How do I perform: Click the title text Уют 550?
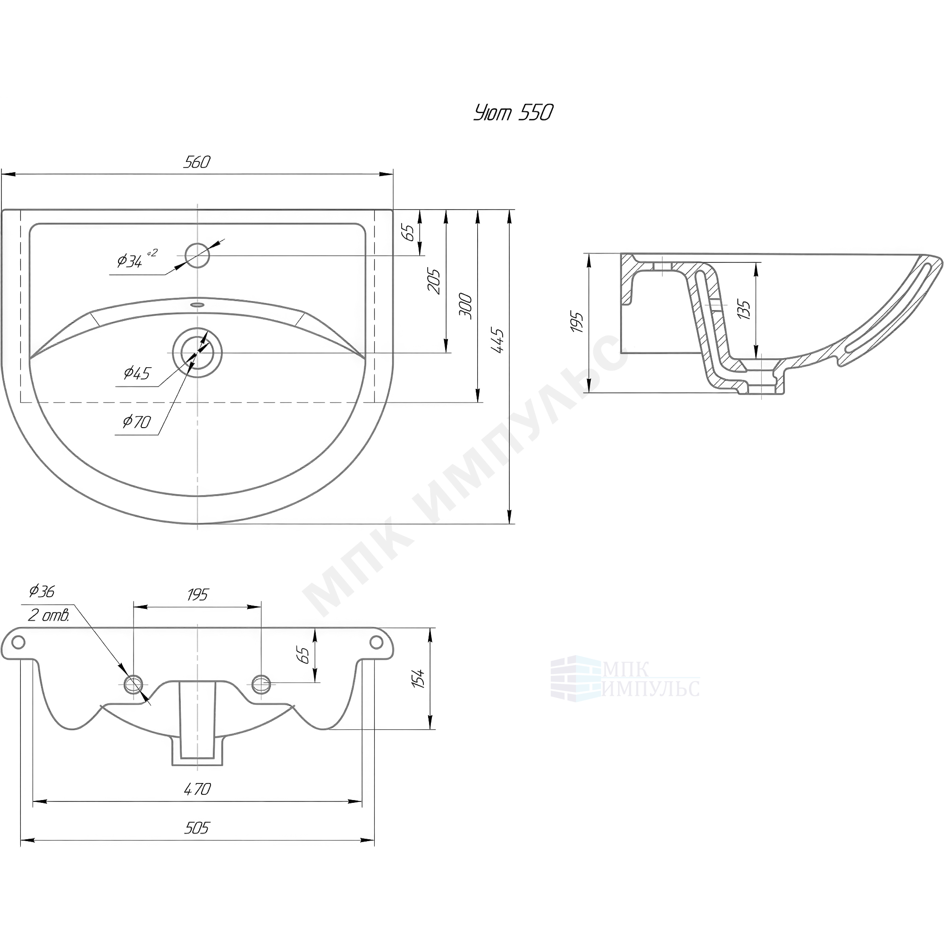[x=513, y=113]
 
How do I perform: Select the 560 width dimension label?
[x=197, y=162]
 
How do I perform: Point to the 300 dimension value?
[x=466, y=306]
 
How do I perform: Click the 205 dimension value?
[x=434, y=281]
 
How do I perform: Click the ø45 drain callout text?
[x=137, y=373]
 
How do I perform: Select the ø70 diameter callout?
[x=137, y=421]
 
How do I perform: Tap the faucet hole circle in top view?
[x=197, y=255]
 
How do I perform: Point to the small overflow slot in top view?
[x=197, y=304]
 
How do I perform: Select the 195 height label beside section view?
[x=578, y=322]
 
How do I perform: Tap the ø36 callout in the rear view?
[x=42, y=591]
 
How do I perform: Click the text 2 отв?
[x=48, y=615]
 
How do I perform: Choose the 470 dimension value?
[x=197, y=803]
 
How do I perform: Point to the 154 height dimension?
[x=419, y=679]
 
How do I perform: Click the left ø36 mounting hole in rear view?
[x=134, y=683]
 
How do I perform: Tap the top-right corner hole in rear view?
[x=376, y=642]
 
